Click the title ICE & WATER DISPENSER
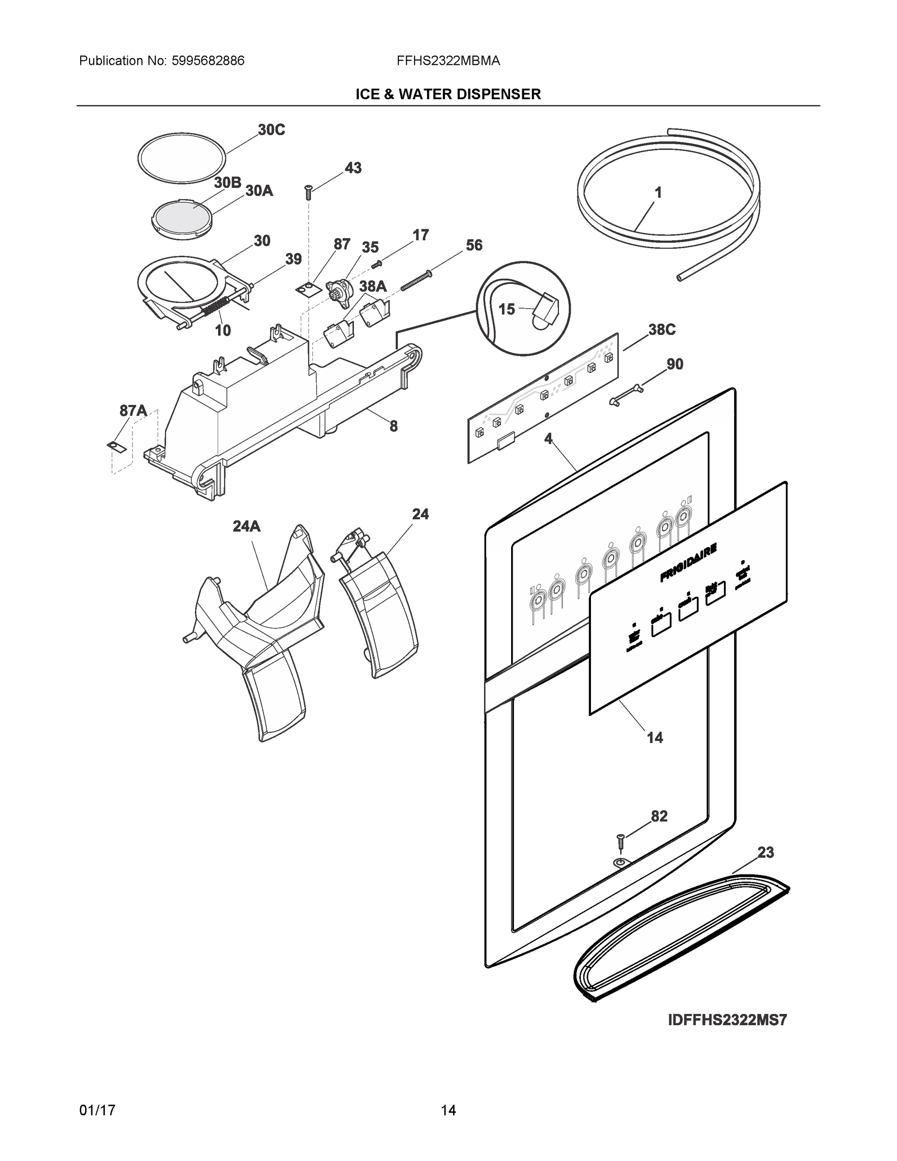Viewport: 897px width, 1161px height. [448, 95]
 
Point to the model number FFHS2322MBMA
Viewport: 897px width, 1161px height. [448, 61]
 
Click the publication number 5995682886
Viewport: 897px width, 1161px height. [208, 61]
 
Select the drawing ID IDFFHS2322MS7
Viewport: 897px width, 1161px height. [727, 1020]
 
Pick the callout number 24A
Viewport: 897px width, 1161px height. [247, 526]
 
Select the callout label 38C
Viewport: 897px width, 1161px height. [662, 329]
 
